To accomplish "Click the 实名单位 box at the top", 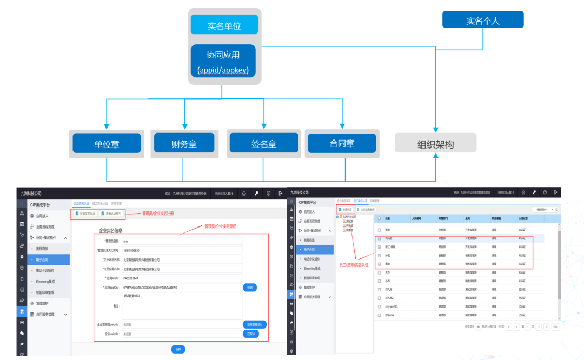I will coord(224,25).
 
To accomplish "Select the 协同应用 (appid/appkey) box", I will coord(223,61).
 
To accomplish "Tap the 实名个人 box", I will coord(482,21).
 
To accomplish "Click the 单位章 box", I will coord(107,144).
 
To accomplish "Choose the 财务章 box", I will coord(184,144).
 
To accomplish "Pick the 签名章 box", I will coord(264,144).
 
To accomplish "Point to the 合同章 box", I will coord(342,143).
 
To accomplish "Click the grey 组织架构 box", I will coord(435,144).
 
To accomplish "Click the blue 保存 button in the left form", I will coord(178,349).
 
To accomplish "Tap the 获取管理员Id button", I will coord(254,324).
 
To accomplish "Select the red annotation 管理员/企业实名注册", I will coord(158,214).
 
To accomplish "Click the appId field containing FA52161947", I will coord(182,278).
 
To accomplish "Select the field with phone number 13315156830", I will coord(182,250).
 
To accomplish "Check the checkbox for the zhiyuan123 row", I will coord(379,306).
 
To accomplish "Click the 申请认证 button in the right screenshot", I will coord(345,209).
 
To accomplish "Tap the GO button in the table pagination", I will coord(555,327).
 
